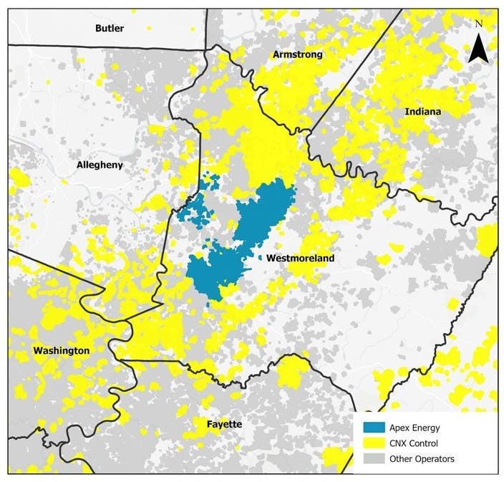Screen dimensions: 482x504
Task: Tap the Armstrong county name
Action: [x=297, y=55]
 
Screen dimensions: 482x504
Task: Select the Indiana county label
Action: [x=422, y=112]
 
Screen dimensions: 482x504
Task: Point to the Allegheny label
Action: [x=100, y=165]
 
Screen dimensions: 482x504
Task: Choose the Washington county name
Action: [x=61, y=350]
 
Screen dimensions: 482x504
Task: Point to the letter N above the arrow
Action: [x=478, y=24]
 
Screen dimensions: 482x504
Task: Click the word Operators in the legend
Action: [x=439, y=459]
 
